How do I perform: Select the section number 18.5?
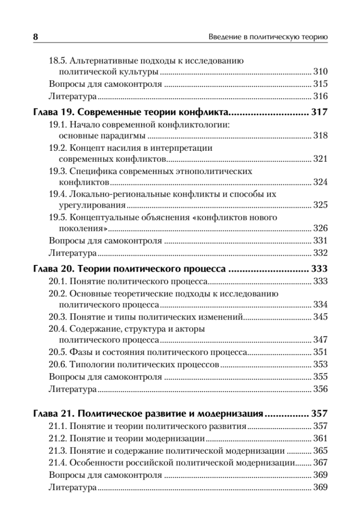click(x=58, y=61)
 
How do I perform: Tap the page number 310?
click(x=320, y=71)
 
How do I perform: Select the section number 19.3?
click(x=58, y=171)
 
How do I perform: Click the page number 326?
click(x=320, y=228)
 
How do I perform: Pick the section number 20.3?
click(x=58, y=317)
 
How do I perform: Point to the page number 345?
click(x=320, y=317)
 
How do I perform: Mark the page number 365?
click(x=320, y=451)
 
